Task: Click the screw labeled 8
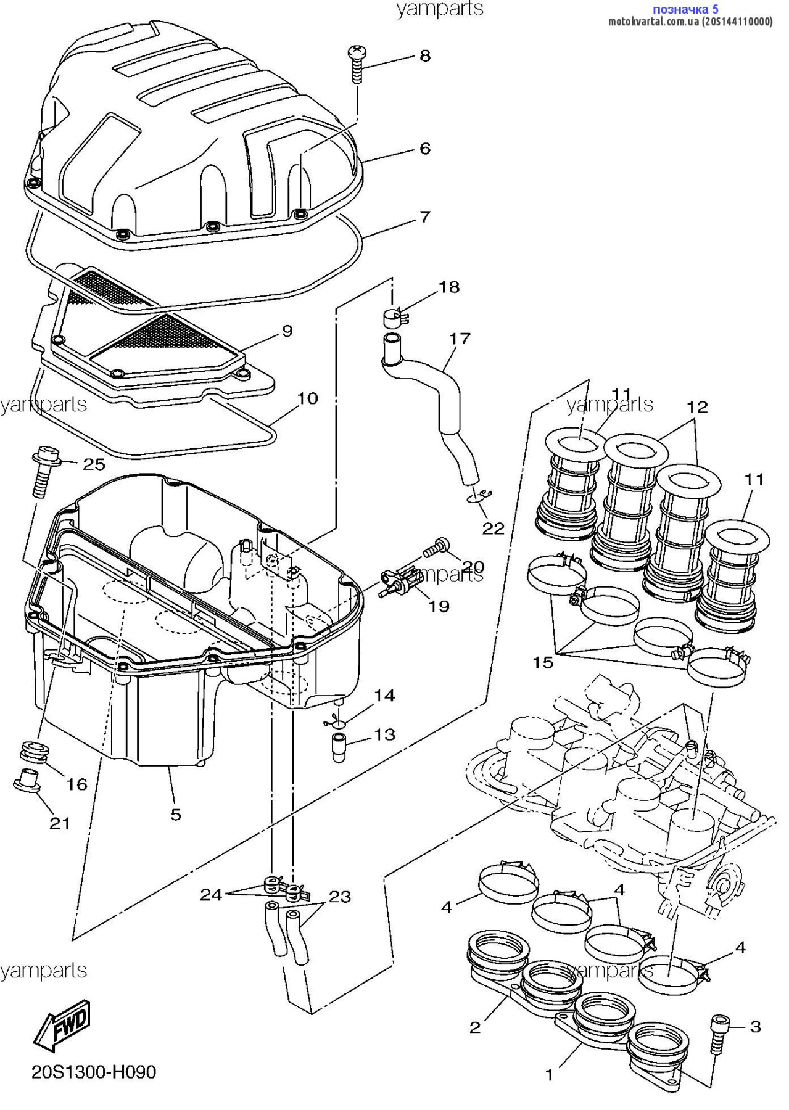(357, 64)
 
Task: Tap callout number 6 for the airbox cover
(424, 149)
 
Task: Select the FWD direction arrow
(62, 1024)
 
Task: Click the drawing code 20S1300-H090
(94, 1072)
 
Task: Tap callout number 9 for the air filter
(287, 331)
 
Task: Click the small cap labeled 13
(339, 747)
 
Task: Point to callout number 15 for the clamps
(543, 662)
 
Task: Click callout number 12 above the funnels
(697, 407)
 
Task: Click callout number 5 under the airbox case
(176, 815)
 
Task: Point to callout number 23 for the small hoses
(339, 896)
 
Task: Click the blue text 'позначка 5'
(685, 9)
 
